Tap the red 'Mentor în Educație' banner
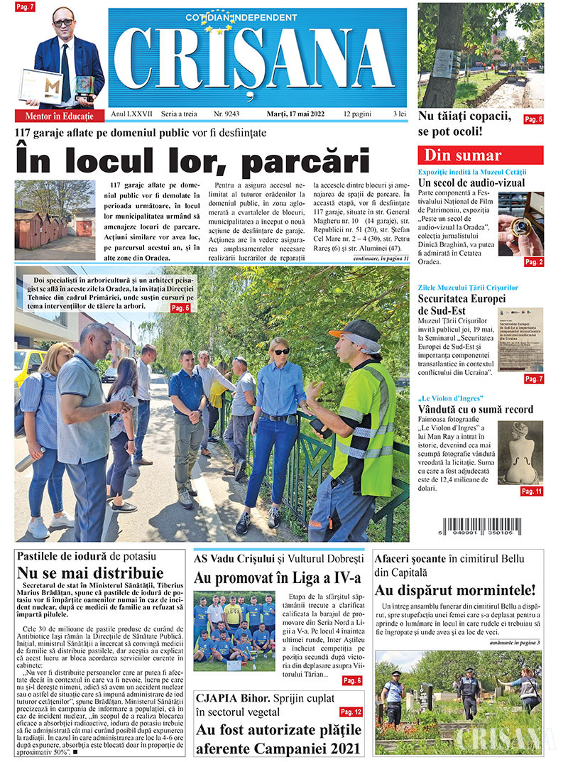60,116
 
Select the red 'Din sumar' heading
480,156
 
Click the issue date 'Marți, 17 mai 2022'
289,114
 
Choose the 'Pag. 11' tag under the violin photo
531,491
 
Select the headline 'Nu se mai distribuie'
90,572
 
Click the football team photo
234,631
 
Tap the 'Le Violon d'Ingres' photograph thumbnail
520,452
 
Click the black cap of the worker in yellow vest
356,330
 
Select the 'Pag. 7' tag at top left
24,7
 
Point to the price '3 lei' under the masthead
400,114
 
